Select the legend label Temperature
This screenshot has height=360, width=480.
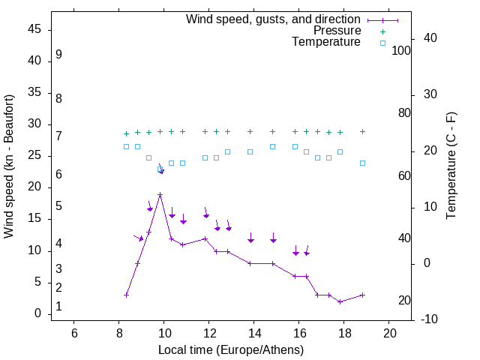tap(326, 43)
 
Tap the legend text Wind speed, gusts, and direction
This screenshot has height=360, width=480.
tap(274, 19)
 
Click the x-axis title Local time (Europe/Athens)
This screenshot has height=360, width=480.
tap(231, 350)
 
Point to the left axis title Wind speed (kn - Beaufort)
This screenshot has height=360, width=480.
tap(9, 166)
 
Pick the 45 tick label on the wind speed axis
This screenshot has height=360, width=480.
tap(34, 29)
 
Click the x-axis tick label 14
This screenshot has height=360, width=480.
tap(254, 332)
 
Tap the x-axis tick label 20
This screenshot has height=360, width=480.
tap(389, 332)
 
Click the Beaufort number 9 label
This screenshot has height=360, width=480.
tap(58, 55)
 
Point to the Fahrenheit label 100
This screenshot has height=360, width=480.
tap(402, 51)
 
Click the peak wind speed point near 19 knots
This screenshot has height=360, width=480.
tap(160, 195)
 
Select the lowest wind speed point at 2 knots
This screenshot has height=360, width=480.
tap(340, 301)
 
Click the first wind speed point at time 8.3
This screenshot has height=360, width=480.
tap(126, 295)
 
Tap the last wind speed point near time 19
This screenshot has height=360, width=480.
tap(362, 295)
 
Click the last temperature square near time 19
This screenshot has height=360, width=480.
tap(362, 163)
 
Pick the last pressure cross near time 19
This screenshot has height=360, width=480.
tap(362, 131)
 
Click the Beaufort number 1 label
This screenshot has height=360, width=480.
tap(58, 307)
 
